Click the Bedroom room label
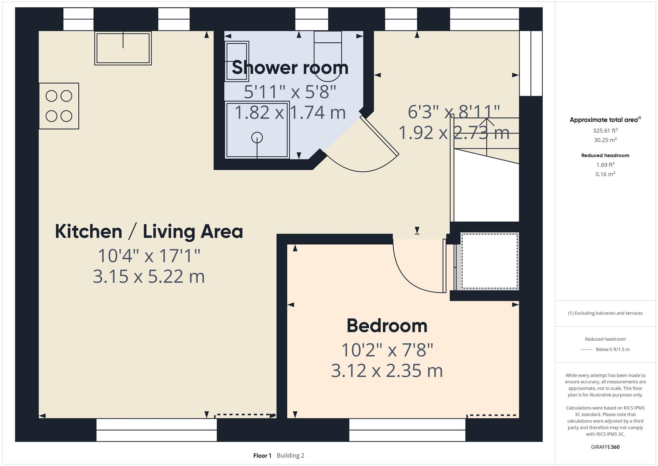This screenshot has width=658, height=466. coord(387,326)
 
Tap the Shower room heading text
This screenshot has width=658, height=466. coord(290,68)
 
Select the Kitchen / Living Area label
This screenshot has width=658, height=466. coord(149,232)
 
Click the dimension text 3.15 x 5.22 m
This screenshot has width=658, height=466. coord(149,276)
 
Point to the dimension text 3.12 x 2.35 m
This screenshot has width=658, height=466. coord(387,371)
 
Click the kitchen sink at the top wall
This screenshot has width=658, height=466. coord(123,48)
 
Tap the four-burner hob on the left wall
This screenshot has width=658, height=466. coord(59,106)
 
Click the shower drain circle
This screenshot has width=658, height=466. coord(257,137)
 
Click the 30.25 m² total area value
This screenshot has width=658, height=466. coord(605,140)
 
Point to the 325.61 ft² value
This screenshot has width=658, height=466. coord(605,131)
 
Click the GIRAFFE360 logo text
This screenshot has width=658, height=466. coord(605,447)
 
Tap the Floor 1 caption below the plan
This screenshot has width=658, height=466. coord(262,455)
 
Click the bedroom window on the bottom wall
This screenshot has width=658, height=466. coord(407,430)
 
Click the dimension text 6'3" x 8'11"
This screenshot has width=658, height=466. coord(454,112)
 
